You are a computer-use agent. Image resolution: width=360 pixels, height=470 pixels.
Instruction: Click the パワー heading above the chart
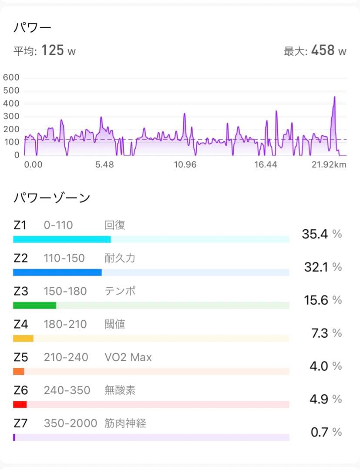(x=33, y=28)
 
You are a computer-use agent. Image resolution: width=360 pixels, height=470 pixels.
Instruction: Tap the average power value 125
(x=53, y=50)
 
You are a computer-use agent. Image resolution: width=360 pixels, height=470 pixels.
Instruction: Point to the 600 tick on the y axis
(x=11, y=78)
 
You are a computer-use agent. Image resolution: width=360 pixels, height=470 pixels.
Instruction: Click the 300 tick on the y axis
(x=11, y=117)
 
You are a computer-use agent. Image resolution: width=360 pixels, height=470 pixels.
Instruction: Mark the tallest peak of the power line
(x=334, y=97)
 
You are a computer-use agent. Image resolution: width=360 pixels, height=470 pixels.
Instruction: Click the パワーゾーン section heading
(x=52, y=198)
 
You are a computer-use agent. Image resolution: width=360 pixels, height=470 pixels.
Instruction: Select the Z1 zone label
(x=20, y=225)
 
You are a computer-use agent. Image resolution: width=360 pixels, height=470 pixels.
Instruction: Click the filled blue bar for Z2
(x=57, y=272)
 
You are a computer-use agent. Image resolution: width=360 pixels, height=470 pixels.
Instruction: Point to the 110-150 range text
(x=64, y=258)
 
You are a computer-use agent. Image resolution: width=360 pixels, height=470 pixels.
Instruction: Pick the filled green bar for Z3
(x=34, y=305)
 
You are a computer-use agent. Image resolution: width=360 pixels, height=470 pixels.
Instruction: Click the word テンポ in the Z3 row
(x=120, y=291)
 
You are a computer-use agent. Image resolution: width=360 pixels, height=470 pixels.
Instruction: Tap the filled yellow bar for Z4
(x=23, y=339)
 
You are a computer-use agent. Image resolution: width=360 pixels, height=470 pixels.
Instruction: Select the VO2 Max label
(x=128, y=357)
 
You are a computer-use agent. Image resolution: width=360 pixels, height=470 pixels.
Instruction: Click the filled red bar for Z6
(x=20, y=405)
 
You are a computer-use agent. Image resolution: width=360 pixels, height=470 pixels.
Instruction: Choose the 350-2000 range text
(x=70, y=423)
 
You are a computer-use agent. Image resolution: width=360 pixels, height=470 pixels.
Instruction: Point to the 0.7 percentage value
(x=320, y=432)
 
